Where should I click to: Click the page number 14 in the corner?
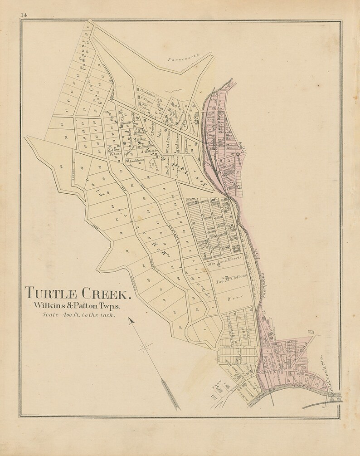coord(24,15)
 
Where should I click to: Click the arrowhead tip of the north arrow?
coord(131,320)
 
